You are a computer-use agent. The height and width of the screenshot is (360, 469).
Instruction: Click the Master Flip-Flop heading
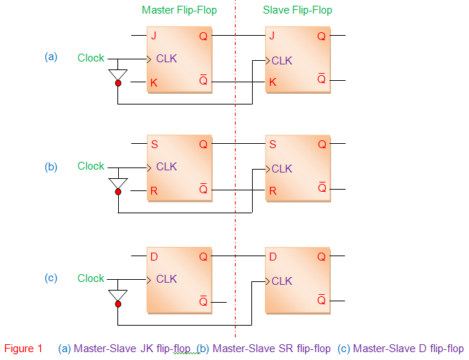coord(179,10)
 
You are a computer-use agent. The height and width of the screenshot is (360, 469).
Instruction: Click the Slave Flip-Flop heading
coord(297,10)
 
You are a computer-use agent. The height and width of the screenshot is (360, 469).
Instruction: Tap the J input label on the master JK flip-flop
coord(153,36)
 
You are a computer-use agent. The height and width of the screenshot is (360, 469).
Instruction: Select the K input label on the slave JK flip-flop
coord(272,82)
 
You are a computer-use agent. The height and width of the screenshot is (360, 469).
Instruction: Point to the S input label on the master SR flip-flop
coord(154,144)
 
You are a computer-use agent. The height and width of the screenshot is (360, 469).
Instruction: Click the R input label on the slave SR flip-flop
coord(273,191)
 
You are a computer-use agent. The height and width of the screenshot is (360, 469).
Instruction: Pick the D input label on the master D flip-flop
coord(154,256)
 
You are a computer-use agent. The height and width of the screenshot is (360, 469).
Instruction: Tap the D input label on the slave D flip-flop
coord(273,256)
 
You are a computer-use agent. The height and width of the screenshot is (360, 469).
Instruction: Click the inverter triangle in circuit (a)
coord(118,74)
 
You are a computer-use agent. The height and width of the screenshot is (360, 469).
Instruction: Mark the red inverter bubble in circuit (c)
coord(118,303)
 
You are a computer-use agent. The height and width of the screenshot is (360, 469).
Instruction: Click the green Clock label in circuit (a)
coord(91,58)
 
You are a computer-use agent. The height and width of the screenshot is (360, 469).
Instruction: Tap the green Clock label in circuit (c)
coord(91,278)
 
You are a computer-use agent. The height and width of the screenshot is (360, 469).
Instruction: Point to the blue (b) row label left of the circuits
coord(51,167)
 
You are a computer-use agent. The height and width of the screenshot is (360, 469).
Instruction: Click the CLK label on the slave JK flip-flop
coord(281,61)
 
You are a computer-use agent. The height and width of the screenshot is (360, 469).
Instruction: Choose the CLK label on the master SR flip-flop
coord(166,167)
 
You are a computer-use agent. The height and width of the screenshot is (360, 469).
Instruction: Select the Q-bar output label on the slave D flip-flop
coord(321,300)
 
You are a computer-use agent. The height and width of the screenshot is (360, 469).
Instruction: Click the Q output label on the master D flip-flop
coord(203,256)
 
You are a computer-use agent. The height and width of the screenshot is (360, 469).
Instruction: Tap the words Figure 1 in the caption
coord(23,349)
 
